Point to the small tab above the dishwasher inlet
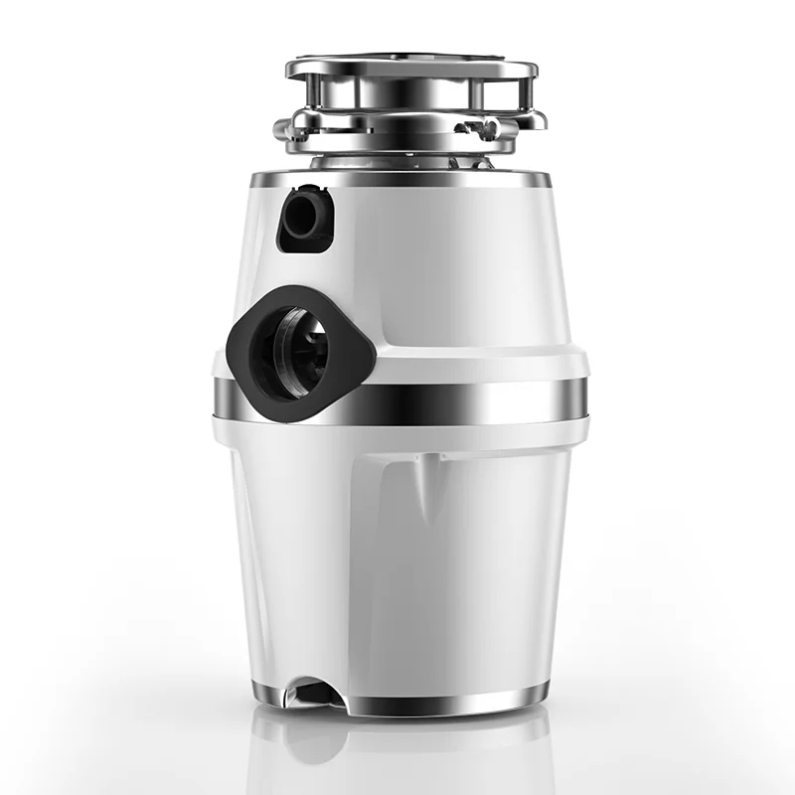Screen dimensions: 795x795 click(309, 189)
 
